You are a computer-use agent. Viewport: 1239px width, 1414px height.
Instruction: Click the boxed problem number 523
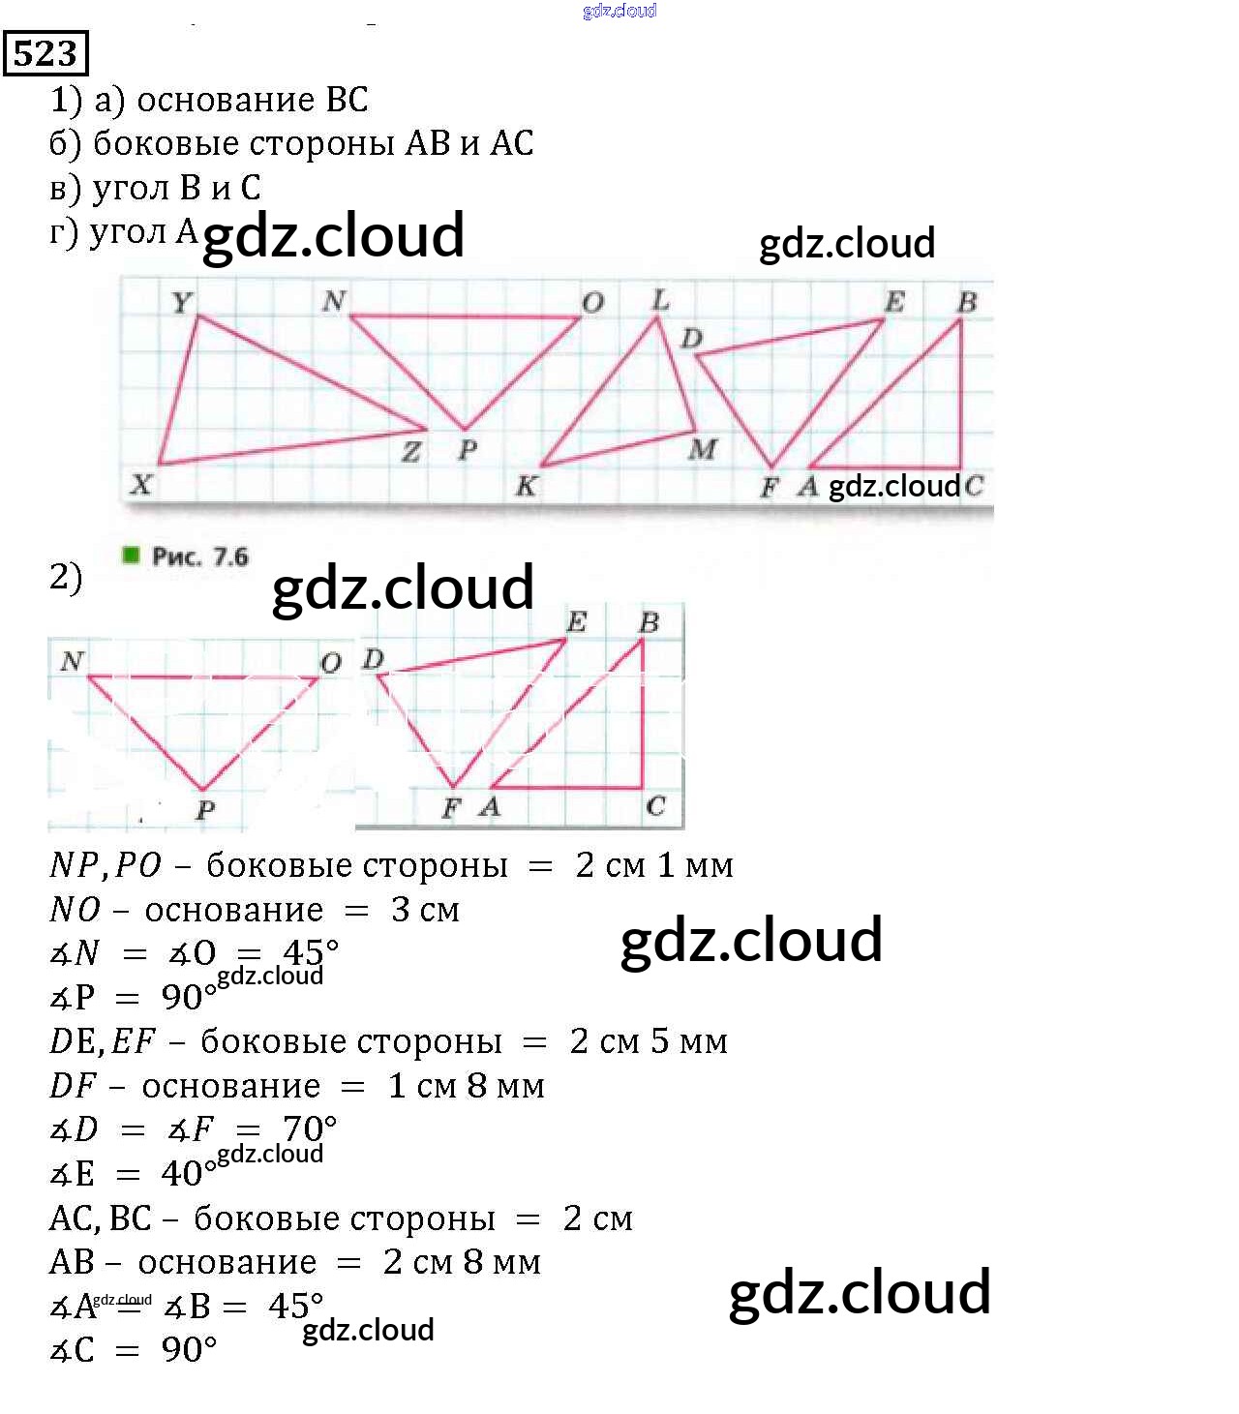(45, 52)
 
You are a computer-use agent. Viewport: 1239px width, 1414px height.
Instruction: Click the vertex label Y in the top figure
(181, 303)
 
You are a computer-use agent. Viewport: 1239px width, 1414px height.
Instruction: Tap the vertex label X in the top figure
(141, 483)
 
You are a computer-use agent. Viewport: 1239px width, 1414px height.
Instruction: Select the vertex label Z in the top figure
(411, 451)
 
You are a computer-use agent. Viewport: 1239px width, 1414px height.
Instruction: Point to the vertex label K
(526, 486)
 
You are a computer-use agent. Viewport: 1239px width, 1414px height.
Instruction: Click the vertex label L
(660, 300)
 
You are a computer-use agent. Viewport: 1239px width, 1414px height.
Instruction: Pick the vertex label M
(703, 449)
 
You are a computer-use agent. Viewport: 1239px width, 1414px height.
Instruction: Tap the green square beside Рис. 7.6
(131, 555)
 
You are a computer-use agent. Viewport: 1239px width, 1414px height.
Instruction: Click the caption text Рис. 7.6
(199, 557)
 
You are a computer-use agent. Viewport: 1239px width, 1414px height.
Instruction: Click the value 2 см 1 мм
(653, 864)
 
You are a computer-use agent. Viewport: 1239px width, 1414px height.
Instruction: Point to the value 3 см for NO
(425, 910)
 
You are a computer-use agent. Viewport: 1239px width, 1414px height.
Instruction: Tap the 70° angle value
(310, 1128)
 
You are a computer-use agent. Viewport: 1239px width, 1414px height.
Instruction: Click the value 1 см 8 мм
(466, 1085)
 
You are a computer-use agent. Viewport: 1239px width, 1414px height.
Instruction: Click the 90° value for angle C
(189, 1349)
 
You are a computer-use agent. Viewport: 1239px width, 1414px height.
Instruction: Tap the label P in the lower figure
(205, 809)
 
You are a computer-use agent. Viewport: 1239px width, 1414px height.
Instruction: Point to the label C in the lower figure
(655, 805)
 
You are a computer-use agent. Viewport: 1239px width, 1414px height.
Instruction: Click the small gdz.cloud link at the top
(619, 11)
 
